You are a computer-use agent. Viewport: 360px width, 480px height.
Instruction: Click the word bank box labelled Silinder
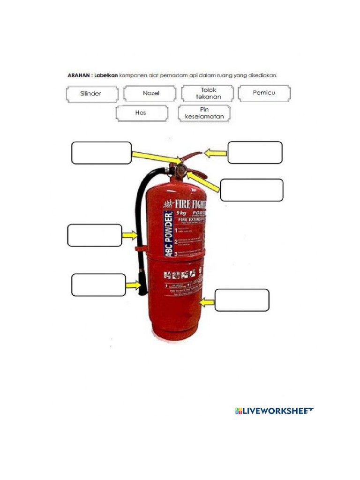click(91, 93)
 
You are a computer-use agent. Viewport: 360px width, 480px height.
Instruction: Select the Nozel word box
click(150, 93)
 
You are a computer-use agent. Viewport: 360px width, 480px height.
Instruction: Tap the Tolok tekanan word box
click(208, 93)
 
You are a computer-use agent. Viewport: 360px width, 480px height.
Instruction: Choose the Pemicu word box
click(264, 93)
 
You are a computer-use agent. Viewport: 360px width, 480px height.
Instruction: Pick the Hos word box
click(142, 113)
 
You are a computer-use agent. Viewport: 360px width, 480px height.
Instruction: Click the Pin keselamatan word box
click(204, 113)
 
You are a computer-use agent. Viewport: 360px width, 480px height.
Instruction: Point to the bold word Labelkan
click(105, 75)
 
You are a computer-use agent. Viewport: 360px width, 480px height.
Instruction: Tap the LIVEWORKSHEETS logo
click(274, 411)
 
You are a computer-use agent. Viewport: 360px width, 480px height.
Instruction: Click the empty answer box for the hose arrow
click(95, 235)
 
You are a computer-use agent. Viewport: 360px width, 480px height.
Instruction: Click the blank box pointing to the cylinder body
click(242, 300)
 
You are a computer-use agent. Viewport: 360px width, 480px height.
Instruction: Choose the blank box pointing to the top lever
click(255, 152)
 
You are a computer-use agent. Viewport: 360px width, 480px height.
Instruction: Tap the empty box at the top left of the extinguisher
click(101, 153)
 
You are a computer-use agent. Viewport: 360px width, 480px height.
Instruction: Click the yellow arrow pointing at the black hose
click(129, 235)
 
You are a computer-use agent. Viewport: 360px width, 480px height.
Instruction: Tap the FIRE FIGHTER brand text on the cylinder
click(187, 204)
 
